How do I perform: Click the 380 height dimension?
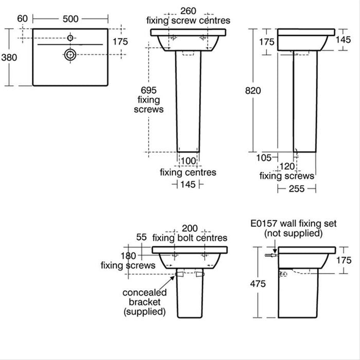(x=9, y=58)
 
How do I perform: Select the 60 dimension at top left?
(x=22, y=19)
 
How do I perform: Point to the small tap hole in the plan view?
(x=70, y=37)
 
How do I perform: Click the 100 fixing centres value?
(x=188, y=161)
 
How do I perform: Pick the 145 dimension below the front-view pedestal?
(x=188, y=185)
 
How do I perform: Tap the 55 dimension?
(x=141, y=237)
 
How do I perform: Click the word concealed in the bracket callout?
(x=144, y=292)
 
